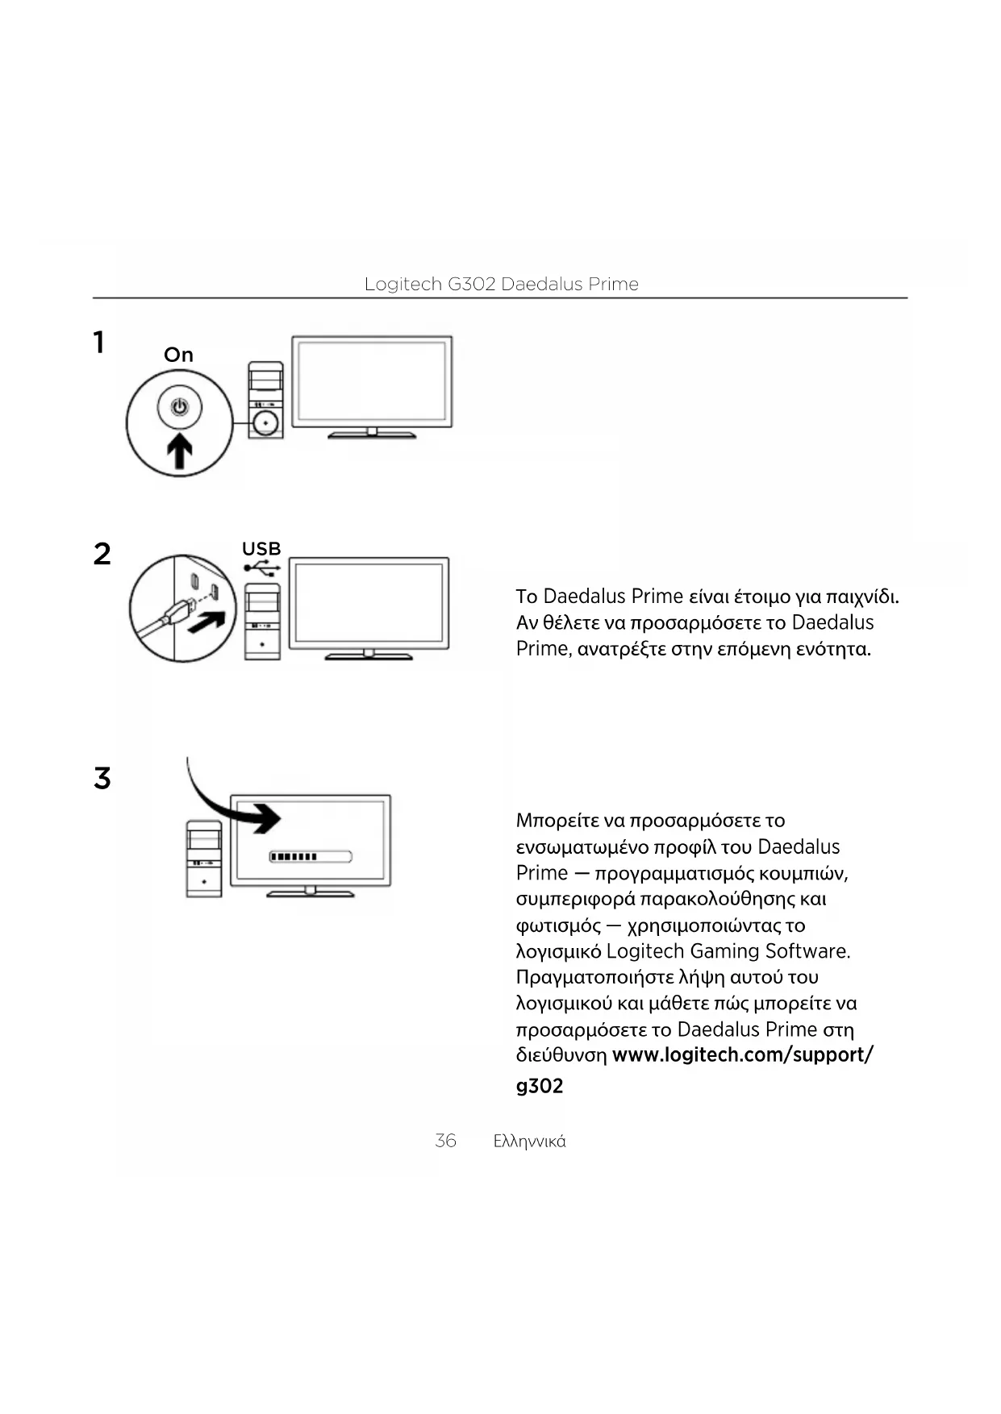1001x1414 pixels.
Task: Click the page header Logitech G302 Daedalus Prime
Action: [x=501, y=284]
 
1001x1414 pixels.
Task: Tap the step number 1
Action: [x=98, y=343]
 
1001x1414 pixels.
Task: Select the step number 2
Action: [x=102, y=554]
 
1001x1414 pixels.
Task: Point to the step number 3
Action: [x=102, y=779]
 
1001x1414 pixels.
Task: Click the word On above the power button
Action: [x=178, y=355]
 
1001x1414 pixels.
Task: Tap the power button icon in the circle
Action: [x=179, y=406]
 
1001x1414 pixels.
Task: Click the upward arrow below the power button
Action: [x=179, y=450]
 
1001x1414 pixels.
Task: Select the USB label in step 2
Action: [x=261, y=549]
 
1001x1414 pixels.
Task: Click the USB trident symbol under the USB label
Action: [x=262, y=568]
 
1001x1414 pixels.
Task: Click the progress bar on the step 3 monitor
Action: [x=311, y=856]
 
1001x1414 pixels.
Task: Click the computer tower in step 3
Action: [x=204, y=859]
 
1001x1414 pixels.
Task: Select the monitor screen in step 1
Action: [x=371, y=381]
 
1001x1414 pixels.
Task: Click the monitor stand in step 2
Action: [x=369, y=654]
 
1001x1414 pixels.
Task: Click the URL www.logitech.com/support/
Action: [x=742, y=1054]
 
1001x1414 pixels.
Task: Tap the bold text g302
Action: [x=539, y=1086]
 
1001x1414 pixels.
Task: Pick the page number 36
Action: [x=445, y=1141]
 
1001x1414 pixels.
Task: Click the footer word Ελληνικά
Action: [x=529, y=1142]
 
